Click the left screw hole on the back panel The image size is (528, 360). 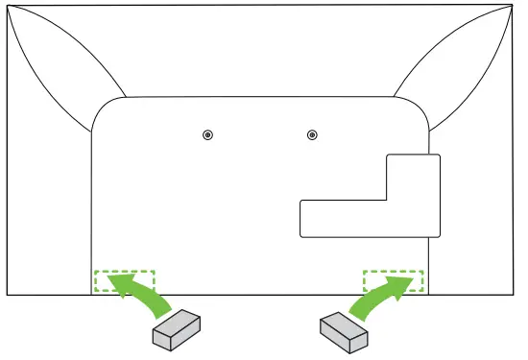pyautogui.click(x=208, y=134)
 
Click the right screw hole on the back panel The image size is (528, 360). pyautogui.click(x=311, y=134)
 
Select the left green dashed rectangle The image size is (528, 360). pyautogui.click(x=123, y=281)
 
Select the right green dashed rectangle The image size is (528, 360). pyautogui.click(x=393, y=281)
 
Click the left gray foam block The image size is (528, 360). pyautogui.click(x=179, y=330)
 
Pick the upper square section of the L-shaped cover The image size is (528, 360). pyautogui.click(x=413, y=177)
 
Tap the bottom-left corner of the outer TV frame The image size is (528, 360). pyautogui.click(x=8, y=295)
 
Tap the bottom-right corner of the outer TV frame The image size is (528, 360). pyautogui.click(x=517, y=295)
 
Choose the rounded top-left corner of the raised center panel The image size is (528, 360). pyautogui.click(x=102, y=108)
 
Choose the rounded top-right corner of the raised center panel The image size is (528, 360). pyautogui.click(x=417, y=108)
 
